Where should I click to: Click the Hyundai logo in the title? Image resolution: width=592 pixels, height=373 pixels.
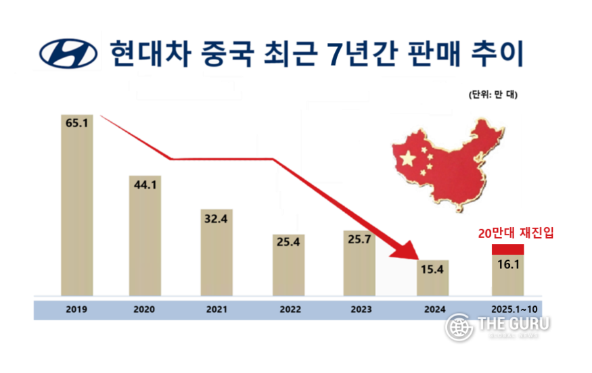click(67, 52)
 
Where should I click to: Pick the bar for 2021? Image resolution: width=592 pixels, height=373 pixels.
click(217, 253)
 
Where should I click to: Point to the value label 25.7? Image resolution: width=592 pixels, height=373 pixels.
click(359, 241)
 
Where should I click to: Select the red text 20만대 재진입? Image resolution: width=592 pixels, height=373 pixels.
click(507, 233)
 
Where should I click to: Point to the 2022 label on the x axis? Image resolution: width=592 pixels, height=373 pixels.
click(289, 309)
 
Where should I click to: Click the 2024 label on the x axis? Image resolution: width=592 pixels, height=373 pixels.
click(431, 309)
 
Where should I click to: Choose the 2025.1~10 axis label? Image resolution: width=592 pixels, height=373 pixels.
click(507, 309)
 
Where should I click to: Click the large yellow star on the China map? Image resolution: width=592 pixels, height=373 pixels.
click(408, 159)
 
